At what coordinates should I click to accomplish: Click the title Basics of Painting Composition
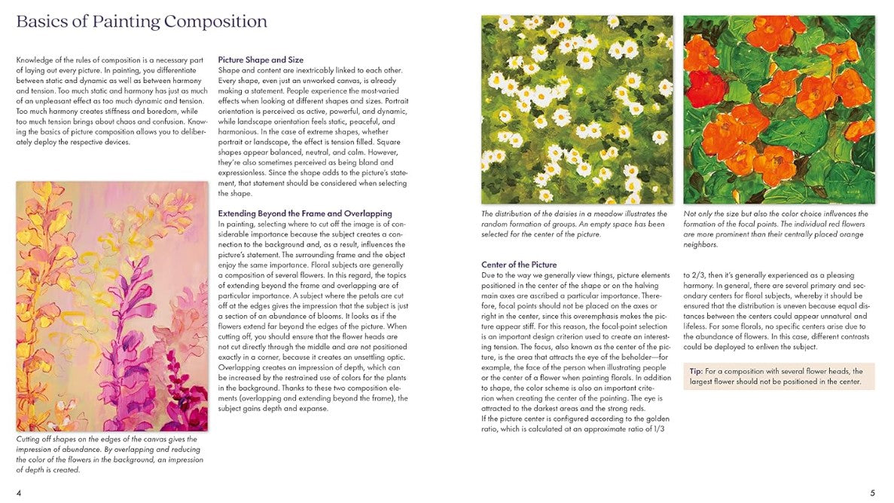coord(142,22)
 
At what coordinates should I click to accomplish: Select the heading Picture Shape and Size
coord(261,60)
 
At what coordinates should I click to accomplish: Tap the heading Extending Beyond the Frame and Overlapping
coord(305,213)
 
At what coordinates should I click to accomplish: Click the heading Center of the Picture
coord(519,265)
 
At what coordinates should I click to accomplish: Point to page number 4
coord(19,493)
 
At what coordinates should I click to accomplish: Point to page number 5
coord(872,493)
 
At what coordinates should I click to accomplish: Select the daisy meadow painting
coord(577,109)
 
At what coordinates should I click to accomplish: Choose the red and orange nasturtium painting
coord(779,109)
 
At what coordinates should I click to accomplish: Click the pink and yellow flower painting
coord(111,305)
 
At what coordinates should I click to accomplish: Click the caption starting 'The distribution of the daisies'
coord(574,224)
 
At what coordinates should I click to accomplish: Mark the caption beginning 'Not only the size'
coord(776,228)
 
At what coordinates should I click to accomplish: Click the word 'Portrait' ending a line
coord(395,100)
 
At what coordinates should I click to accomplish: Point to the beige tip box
coord(779,376)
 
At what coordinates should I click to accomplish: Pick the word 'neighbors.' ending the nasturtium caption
coord(701,244)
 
